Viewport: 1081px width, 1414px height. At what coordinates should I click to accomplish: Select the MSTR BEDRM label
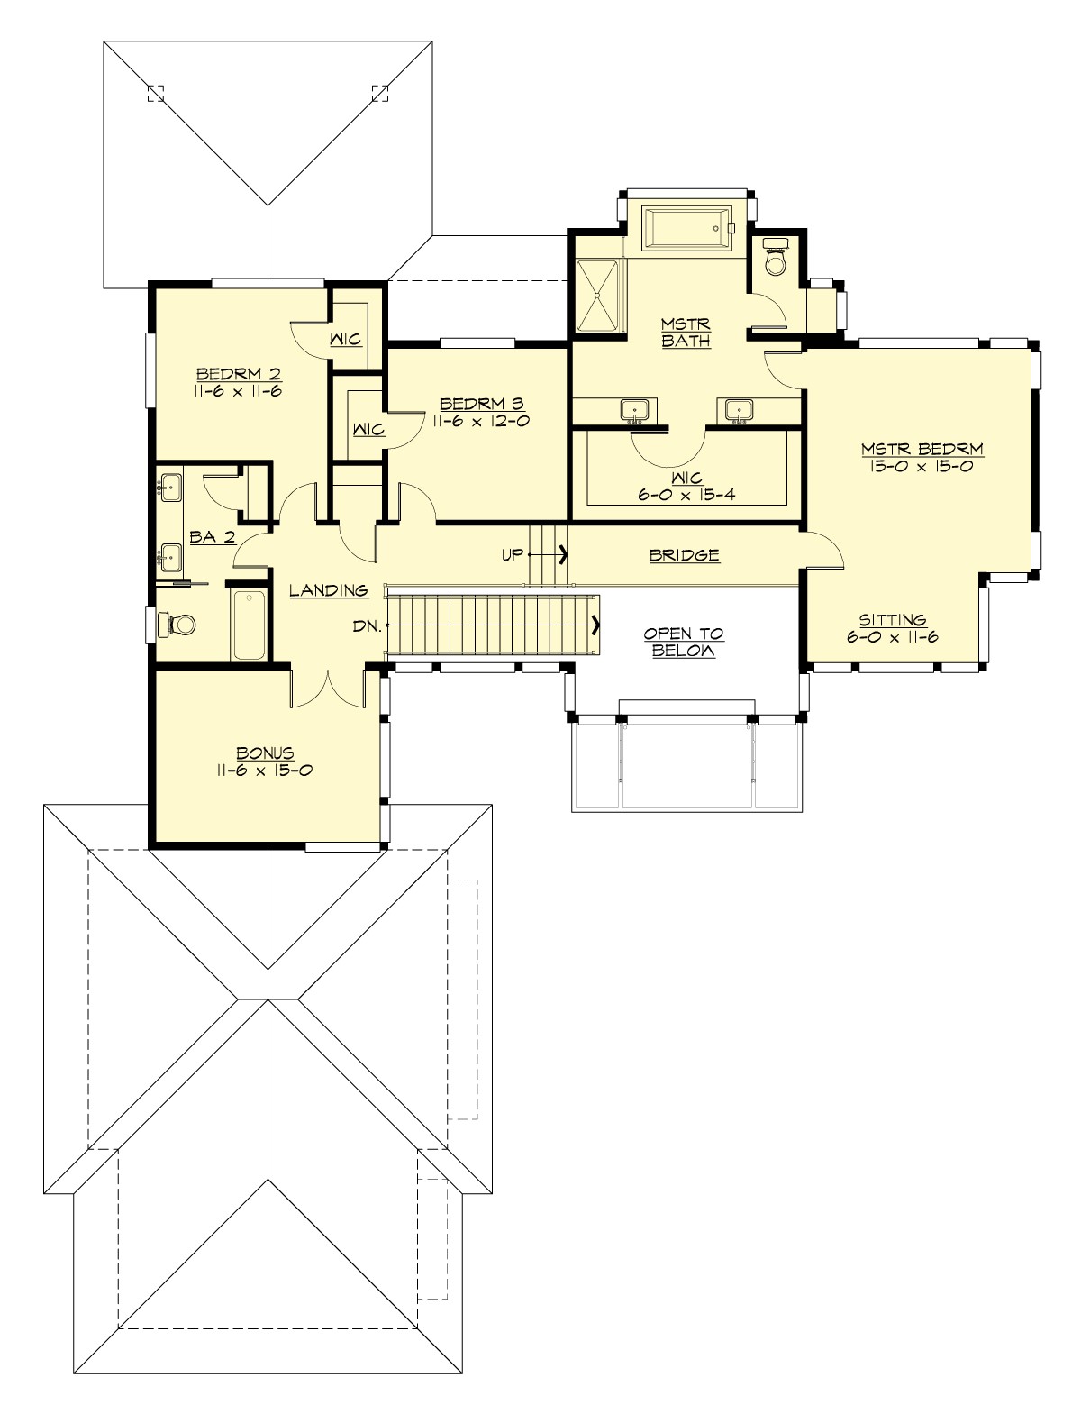(x=922, y=449)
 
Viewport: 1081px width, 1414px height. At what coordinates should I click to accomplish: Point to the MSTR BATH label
(x=686, y=332)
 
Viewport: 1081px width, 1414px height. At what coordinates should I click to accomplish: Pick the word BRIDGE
(x=685, y=555)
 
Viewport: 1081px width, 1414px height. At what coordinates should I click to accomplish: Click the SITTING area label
(x=892, y=620)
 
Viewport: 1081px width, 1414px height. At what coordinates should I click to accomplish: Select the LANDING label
(x=329, y=591)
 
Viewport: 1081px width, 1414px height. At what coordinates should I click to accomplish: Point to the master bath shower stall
(x=598, y=296)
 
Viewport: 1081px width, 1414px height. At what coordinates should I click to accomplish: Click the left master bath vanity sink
(x=634, y=411)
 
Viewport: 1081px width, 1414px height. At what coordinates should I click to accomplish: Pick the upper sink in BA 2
(x=170, y=488)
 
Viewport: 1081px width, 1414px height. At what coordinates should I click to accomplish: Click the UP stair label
(x=512, y=555)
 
